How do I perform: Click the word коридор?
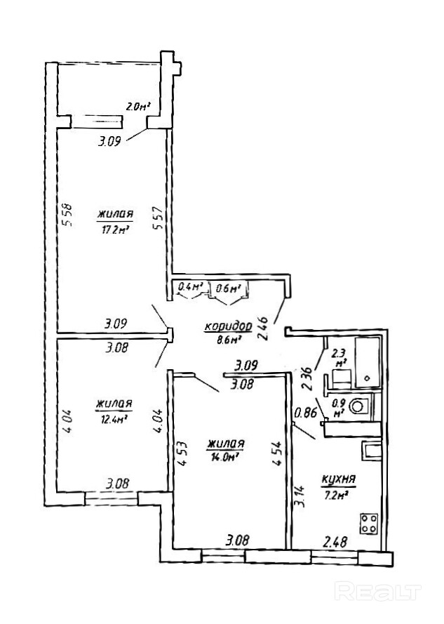228,326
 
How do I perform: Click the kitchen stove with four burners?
370,524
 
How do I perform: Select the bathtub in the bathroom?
368,362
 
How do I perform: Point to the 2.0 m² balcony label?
139,107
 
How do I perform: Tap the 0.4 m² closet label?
191,287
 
